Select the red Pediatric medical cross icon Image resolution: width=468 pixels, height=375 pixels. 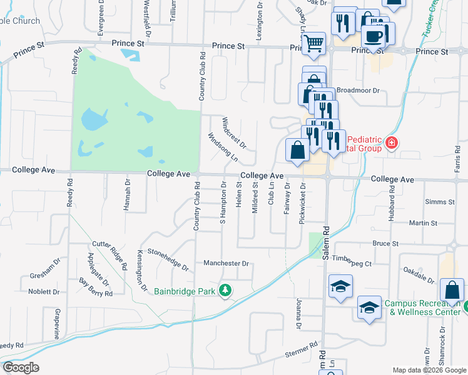click(392, 143)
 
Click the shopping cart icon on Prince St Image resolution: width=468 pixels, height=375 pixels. click(314, 44)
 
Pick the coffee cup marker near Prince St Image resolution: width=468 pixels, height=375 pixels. click(374, 36)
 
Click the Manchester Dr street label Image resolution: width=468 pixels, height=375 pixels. click(226, 264)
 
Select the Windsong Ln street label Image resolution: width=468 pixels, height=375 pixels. click(223, 146)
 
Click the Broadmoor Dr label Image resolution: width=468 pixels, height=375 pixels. click(358, 90)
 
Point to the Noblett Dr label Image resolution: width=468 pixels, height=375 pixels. click(44, 291)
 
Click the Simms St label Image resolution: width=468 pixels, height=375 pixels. click(439, 202)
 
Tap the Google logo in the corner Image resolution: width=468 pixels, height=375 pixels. click(21, 367)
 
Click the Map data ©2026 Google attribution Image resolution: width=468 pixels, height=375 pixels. click(429, 370)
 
